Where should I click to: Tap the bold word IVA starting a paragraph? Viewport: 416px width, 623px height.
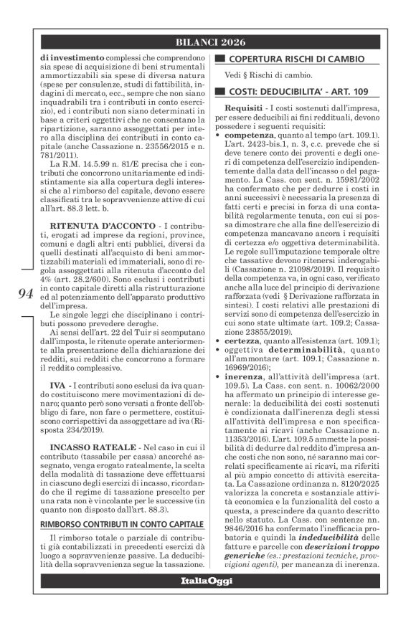(59, 386)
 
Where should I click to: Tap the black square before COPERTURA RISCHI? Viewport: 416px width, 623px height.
(219, 57)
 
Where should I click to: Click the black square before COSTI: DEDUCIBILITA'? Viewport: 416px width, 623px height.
(219, 91)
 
